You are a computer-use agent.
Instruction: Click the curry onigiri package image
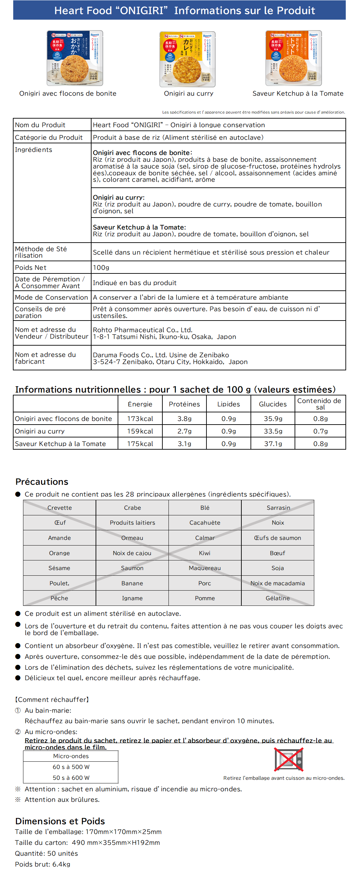tap(187, 59)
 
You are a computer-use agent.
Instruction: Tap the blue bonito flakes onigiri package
tap(75, 58)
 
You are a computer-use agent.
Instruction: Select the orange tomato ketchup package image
tap(294, 58)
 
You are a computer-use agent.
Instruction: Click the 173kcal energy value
tap(140, 418)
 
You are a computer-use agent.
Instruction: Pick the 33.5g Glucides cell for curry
tap(273, 431)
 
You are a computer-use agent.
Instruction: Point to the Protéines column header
tap(184, 404)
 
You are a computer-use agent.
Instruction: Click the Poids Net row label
tap(31, 267)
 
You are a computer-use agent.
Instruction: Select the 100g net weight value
tap(101, 267)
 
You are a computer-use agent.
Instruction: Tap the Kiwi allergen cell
tap(205, 553)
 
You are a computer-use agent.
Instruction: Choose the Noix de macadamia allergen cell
tap(277, 583)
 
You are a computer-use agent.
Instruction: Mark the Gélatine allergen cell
tap(277, 598)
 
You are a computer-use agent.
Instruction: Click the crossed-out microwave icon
tap(289, 759)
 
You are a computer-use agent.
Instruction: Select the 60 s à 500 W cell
tap(71, 767)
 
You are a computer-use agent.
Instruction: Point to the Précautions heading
tap(42, 482)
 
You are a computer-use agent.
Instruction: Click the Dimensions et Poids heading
tap(60, 821)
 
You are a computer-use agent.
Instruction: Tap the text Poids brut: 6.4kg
tap(42, 864)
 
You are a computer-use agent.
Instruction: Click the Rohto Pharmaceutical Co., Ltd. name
tap(142, 330)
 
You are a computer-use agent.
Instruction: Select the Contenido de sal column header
tap(320, 404)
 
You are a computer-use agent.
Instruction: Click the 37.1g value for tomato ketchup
tap(273, 444)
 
